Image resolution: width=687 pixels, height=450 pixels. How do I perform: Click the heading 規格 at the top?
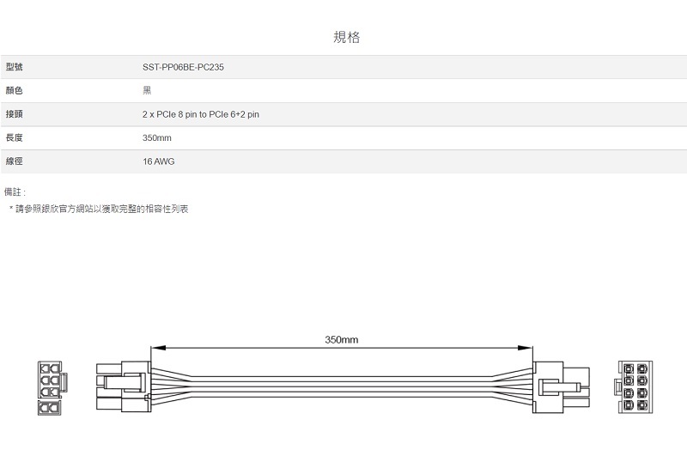[347, 37]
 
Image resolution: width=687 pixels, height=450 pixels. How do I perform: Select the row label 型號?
[14, 67]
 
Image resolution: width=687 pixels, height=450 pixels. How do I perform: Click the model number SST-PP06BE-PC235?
[183, 67]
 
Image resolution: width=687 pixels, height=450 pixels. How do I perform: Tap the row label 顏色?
[14, 91]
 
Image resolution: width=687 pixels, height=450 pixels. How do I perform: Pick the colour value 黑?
[147, 90]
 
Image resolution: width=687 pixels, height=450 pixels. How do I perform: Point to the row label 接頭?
[14, 114]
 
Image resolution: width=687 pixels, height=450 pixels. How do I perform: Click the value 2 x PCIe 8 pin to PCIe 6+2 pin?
[201, 114]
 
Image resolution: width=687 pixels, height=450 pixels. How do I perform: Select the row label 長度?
[14, 137]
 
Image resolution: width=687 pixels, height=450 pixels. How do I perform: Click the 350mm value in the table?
[157, 138]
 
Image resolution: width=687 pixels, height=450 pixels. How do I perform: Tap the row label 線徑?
[14, 161]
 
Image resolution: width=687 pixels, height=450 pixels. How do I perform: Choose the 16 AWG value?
[159, 161]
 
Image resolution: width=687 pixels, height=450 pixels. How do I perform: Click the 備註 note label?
[15, 192]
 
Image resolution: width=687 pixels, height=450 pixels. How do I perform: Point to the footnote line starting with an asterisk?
[99, 209]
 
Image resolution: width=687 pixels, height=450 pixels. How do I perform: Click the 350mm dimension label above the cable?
[341, 339]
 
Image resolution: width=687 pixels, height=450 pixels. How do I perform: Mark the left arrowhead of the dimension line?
[158, 348]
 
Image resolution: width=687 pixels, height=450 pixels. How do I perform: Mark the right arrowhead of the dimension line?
[525, 348]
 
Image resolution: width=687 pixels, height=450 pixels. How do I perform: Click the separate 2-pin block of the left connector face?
[50, 408]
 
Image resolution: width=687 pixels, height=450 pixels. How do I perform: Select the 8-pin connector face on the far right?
[635, 387]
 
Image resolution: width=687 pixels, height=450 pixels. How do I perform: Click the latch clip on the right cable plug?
[560, 387]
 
